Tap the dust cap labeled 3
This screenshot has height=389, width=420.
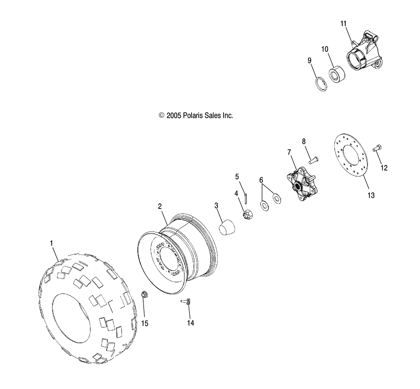(226, 227)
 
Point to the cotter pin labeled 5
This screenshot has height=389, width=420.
(246, 199)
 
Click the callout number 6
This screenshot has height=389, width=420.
(261, 180)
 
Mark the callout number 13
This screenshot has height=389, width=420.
(371, 195)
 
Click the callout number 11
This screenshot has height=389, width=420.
(344, 24)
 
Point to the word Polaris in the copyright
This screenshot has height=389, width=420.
(193, 115)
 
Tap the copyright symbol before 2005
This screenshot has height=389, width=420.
(161, 115)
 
